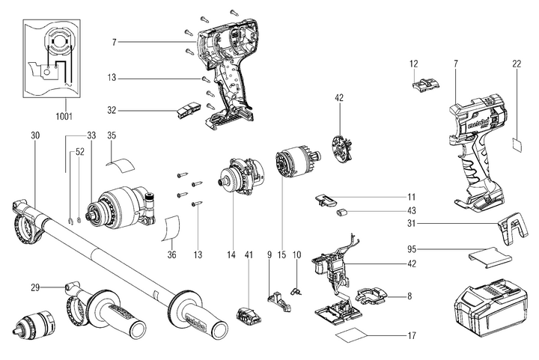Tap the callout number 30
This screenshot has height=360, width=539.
34,136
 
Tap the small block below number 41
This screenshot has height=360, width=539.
248,314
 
